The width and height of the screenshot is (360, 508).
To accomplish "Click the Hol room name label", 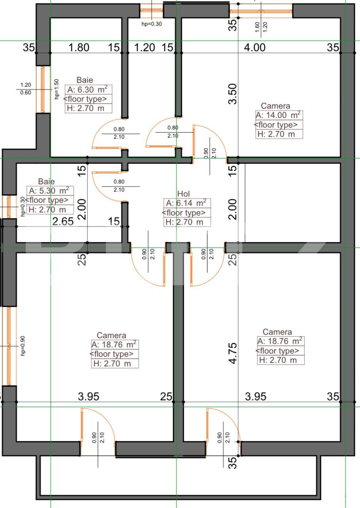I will tap(183, 194).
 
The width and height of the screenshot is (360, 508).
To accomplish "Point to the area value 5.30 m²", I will tap(49, 191).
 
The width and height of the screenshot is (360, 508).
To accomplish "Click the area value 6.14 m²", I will tap(186, 203).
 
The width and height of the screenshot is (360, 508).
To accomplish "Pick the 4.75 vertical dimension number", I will tap(232, 353).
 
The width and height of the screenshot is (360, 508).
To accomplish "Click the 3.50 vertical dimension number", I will tap(232, 94).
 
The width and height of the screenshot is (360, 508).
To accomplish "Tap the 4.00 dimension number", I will tap(255, 47).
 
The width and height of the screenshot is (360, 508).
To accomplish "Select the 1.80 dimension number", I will tap(79, 47).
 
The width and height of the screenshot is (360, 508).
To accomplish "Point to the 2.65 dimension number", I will tap(63, 221).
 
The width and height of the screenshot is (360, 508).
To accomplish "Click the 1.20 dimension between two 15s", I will tap(145, 47).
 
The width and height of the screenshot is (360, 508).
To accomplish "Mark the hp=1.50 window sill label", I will tap(57, 89).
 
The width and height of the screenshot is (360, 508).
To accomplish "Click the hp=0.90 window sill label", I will tap(23, 346).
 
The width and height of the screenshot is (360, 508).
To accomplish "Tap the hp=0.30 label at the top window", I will tap(152, 24).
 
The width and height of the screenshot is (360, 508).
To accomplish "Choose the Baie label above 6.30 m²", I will tap(84, 80).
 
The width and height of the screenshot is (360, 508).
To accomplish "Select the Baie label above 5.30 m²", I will tap(46, 181).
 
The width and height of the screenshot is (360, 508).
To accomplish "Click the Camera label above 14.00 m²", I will tap(275, 106).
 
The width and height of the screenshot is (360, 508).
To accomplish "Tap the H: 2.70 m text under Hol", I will tap(184, 222).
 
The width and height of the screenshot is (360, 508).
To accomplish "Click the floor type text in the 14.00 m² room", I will tap(276, 125).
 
